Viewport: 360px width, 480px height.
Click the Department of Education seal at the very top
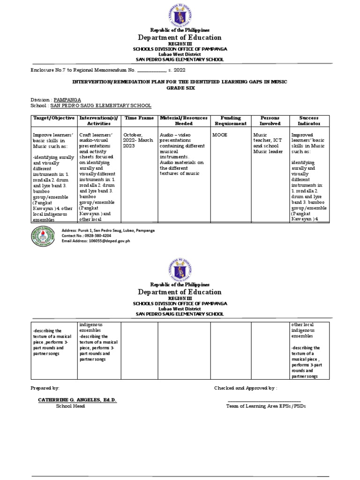(x=180, y=14)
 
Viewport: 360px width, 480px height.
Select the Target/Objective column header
(x=53, y=118)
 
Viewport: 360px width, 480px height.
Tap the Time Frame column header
(x=139, y=118)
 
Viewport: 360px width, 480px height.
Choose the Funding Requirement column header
(x=230, y=120)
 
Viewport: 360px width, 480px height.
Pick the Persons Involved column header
(x=270, y=120)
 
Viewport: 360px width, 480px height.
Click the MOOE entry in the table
(x=220, y=134)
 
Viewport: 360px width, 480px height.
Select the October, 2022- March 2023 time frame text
(x=138, y=140)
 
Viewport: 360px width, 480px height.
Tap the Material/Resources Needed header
(x=184, y=120)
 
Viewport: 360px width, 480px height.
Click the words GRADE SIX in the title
(x=180, y=88)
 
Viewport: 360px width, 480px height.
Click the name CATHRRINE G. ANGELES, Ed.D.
(x=77, y=399)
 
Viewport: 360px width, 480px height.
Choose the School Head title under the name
(x=70, y=406)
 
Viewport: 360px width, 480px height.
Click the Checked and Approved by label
(x=246, y=388)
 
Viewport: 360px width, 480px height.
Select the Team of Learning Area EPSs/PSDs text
(x=265, y=406)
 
